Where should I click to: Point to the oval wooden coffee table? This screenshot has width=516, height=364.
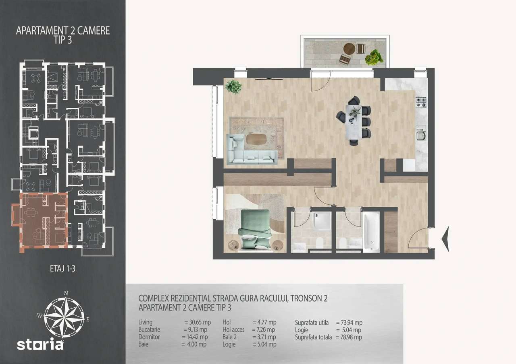[256, 139]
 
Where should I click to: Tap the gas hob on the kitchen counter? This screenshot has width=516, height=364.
[421, 102]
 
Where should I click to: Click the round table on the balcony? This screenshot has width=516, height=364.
[349, 49]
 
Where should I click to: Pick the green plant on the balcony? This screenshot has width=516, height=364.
[374, 58]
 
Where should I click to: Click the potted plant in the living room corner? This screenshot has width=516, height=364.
[233, 86]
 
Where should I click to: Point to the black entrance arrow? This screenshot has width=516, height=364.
[445, 239]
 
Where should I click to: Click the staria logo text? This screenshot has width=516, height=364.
[40, 344]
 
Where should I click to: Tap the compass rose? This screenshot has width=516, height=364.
[64, 313]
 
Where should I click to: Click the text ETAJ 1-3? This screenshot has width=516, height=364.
[62, 269]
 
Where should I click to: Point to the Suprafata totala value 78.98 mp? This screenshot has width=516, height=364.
[349, 337]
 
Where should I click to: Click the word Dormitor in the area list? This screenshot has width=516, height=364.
[149, 337]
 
